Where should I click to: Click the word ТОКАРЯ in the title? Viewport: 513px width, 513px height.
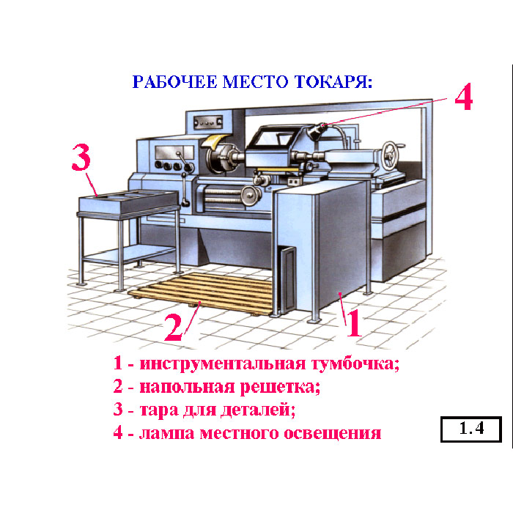333,82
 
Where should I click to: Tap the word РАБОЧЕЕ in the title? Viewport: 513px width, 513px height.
174,82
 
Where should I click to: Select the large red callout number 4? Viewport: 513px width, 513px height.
464,97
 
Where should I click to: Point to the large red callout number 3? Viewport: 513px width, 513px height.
81,157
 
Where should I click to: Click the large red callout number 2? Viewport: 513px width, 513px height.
173,327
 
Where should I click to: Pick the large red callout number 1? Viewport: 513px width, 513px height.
355,323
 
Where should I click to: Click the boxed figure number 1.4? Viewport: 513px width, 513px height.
471,429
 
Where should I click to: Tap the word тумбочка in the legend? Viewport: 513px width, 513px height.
355,364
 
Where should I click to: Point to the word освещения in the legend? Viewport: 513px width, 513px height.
333,434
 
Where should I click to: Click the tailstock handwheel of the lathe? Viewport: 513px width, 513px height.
391,155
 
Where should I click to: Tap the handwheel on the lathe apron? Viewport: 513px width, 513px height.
251,196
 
